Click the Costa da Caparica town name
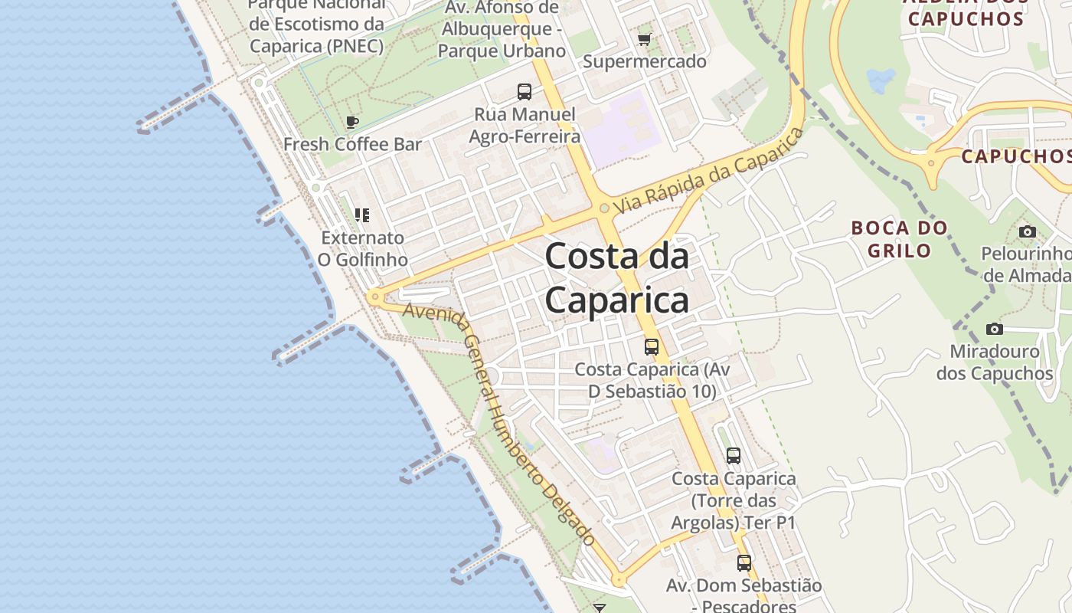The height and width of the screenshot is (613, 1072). tap(617, 277)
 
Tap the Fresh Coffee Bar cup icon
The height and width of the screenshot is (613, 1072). tap(352, 122)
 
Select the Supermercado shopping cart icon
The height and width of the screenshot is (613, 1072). tap(644, 39)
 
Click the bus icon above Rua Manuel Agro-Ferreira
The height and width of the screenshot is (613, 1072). tap(525, 92)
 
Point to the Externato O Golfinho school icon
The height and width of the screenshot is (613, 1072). tap(362, 215)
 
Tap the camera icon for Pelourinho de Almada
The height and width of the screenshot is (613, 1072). tap(1028, 231)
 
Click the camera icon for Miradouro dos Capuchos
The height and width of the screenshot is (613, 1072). tap(995, 329)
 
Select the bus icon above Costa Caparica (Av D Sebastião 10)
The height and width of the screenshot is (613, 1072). tap(652, 346)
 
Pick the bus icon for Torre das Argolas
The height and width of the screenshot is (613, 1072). tap(734, 456)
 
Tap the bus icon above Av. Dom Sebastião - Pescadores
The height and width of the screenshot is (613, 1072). tap(744, 563)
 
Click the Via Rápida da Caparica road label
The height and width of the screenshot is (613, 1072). tap(709, 171)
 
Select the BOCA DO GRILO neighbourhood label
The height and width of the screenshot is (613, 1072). tap(899, 239)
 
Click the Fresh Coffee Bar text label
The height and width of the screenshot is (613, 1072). tap(352, 144)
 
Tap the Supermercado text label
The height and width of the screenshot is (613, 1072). tap(645, 61)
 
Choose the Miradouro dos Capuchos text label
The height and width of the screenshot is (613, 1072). tap(995, 362)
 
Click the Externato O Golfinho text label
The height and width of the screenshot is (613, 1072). tap(363, 248)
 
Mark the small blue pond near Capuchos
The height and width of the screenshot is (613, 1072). tap(881, 80)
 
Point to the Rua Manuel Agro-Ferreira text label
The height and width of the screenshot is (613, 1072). tap(525, 126)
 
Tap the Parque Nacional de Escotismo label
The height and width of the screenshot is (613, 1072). tap(316, 26)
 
